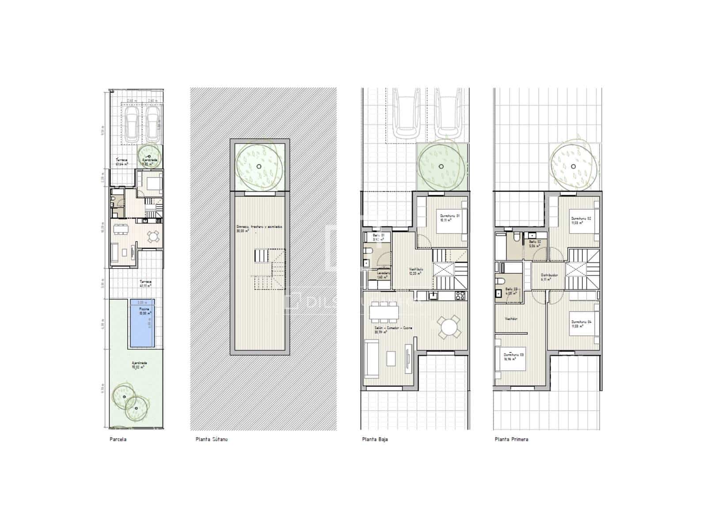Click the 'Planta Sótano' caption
211,439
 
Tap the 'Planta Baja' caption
375,439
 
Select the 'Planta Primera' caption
511,439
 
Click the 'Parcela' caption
118,439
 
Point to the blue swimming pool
141,323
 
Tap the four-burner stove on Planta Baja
460,296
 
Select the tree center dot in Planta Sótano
259,167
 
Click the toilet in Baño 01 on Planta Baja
368,252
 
